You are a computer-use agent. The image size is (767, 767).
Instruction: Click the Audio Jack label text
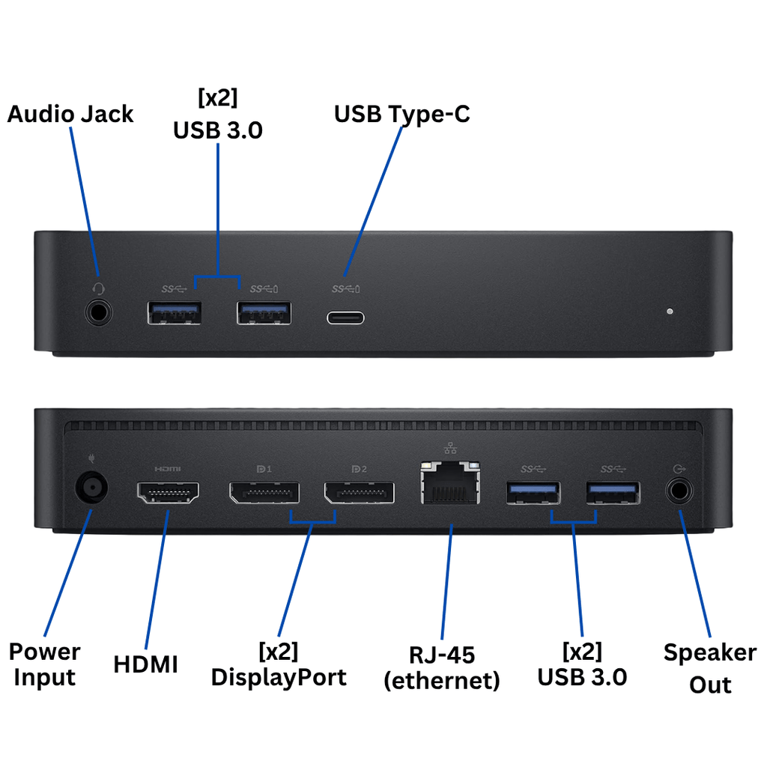tap(70, 114)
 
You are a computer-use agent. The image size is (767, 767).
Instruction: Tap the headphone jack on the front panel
tap(99, 311)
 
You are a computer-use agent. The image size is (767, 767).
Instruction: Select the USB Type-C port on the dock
tap(345, 316)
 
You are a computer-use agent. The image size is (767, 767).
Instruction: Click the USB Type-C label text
tap(402, 114)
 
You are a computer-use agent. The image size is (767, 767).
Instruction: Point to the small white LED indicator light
tap(670, 311)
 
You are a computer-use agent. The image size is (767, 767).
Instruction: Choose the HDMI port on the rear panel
tap(168, 493)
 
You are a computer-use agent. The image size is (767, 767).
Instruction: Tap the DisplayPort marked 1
tap(264, 493)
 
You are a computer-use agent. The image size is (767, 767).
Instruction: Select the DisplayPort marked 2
tap(359, 493)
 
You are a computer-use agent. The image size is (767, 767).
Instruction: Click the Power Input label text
tap(45, 664)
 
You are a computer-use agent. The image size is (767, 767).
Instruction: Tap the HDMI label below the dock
tap(146, 664)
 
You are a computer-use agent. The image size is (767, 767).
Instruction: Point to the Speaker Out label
tap(709, 668)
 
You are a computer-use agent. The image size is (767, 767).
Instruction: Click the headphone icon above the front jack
tap(97, 288)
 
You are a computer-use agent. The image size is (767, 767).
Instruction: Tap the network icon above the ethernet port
tap(450, 449)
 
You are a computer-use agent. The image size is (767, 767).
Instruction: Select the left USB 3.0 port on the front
tap(175, 312)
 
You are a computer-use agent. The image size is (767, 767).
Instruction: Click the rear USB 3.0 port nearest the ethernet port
tap(533, 493)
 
